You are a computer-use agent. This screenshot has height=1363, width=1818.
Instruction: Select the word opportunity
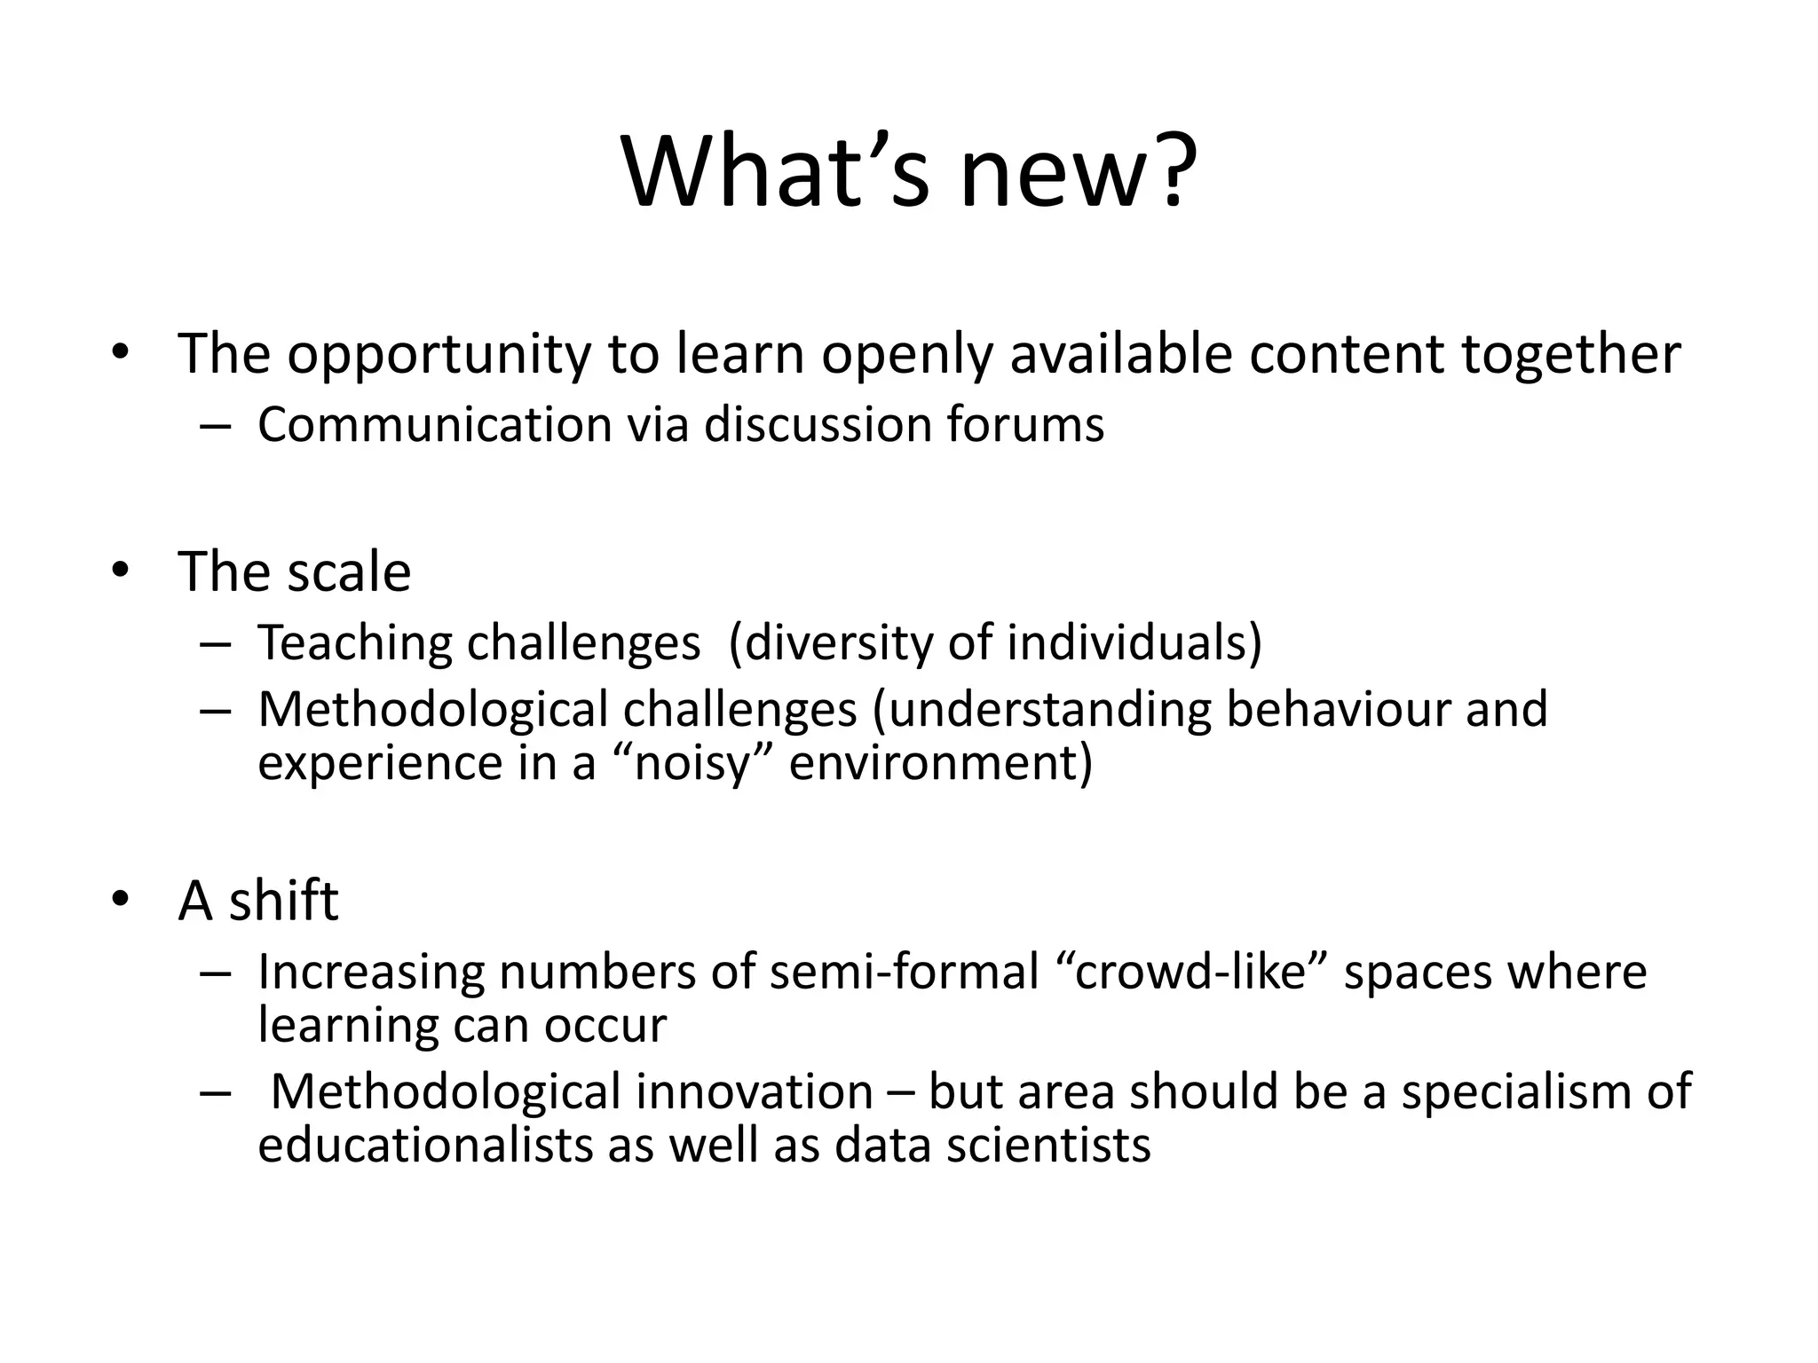[438, 355]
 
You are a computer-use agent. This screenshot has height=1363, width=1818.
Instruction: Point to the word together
[1570, 355]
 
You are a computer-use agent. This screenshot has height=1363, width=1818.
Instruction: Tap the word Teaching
[354, 643]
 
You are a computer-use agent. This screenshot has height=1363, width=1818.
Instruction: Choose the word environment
[940, 762]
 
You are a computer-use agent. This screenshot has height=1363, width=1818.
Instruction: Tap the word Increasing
[371, 972]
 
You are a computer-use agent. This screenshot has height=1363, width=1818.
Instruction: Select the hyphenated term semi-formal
[904, 972]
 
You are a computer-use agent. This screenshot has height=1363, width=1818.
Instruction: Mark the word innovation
[754, 1091]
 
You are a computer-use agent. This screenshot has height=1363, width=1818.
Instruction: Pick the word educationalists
[425, 1145]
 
